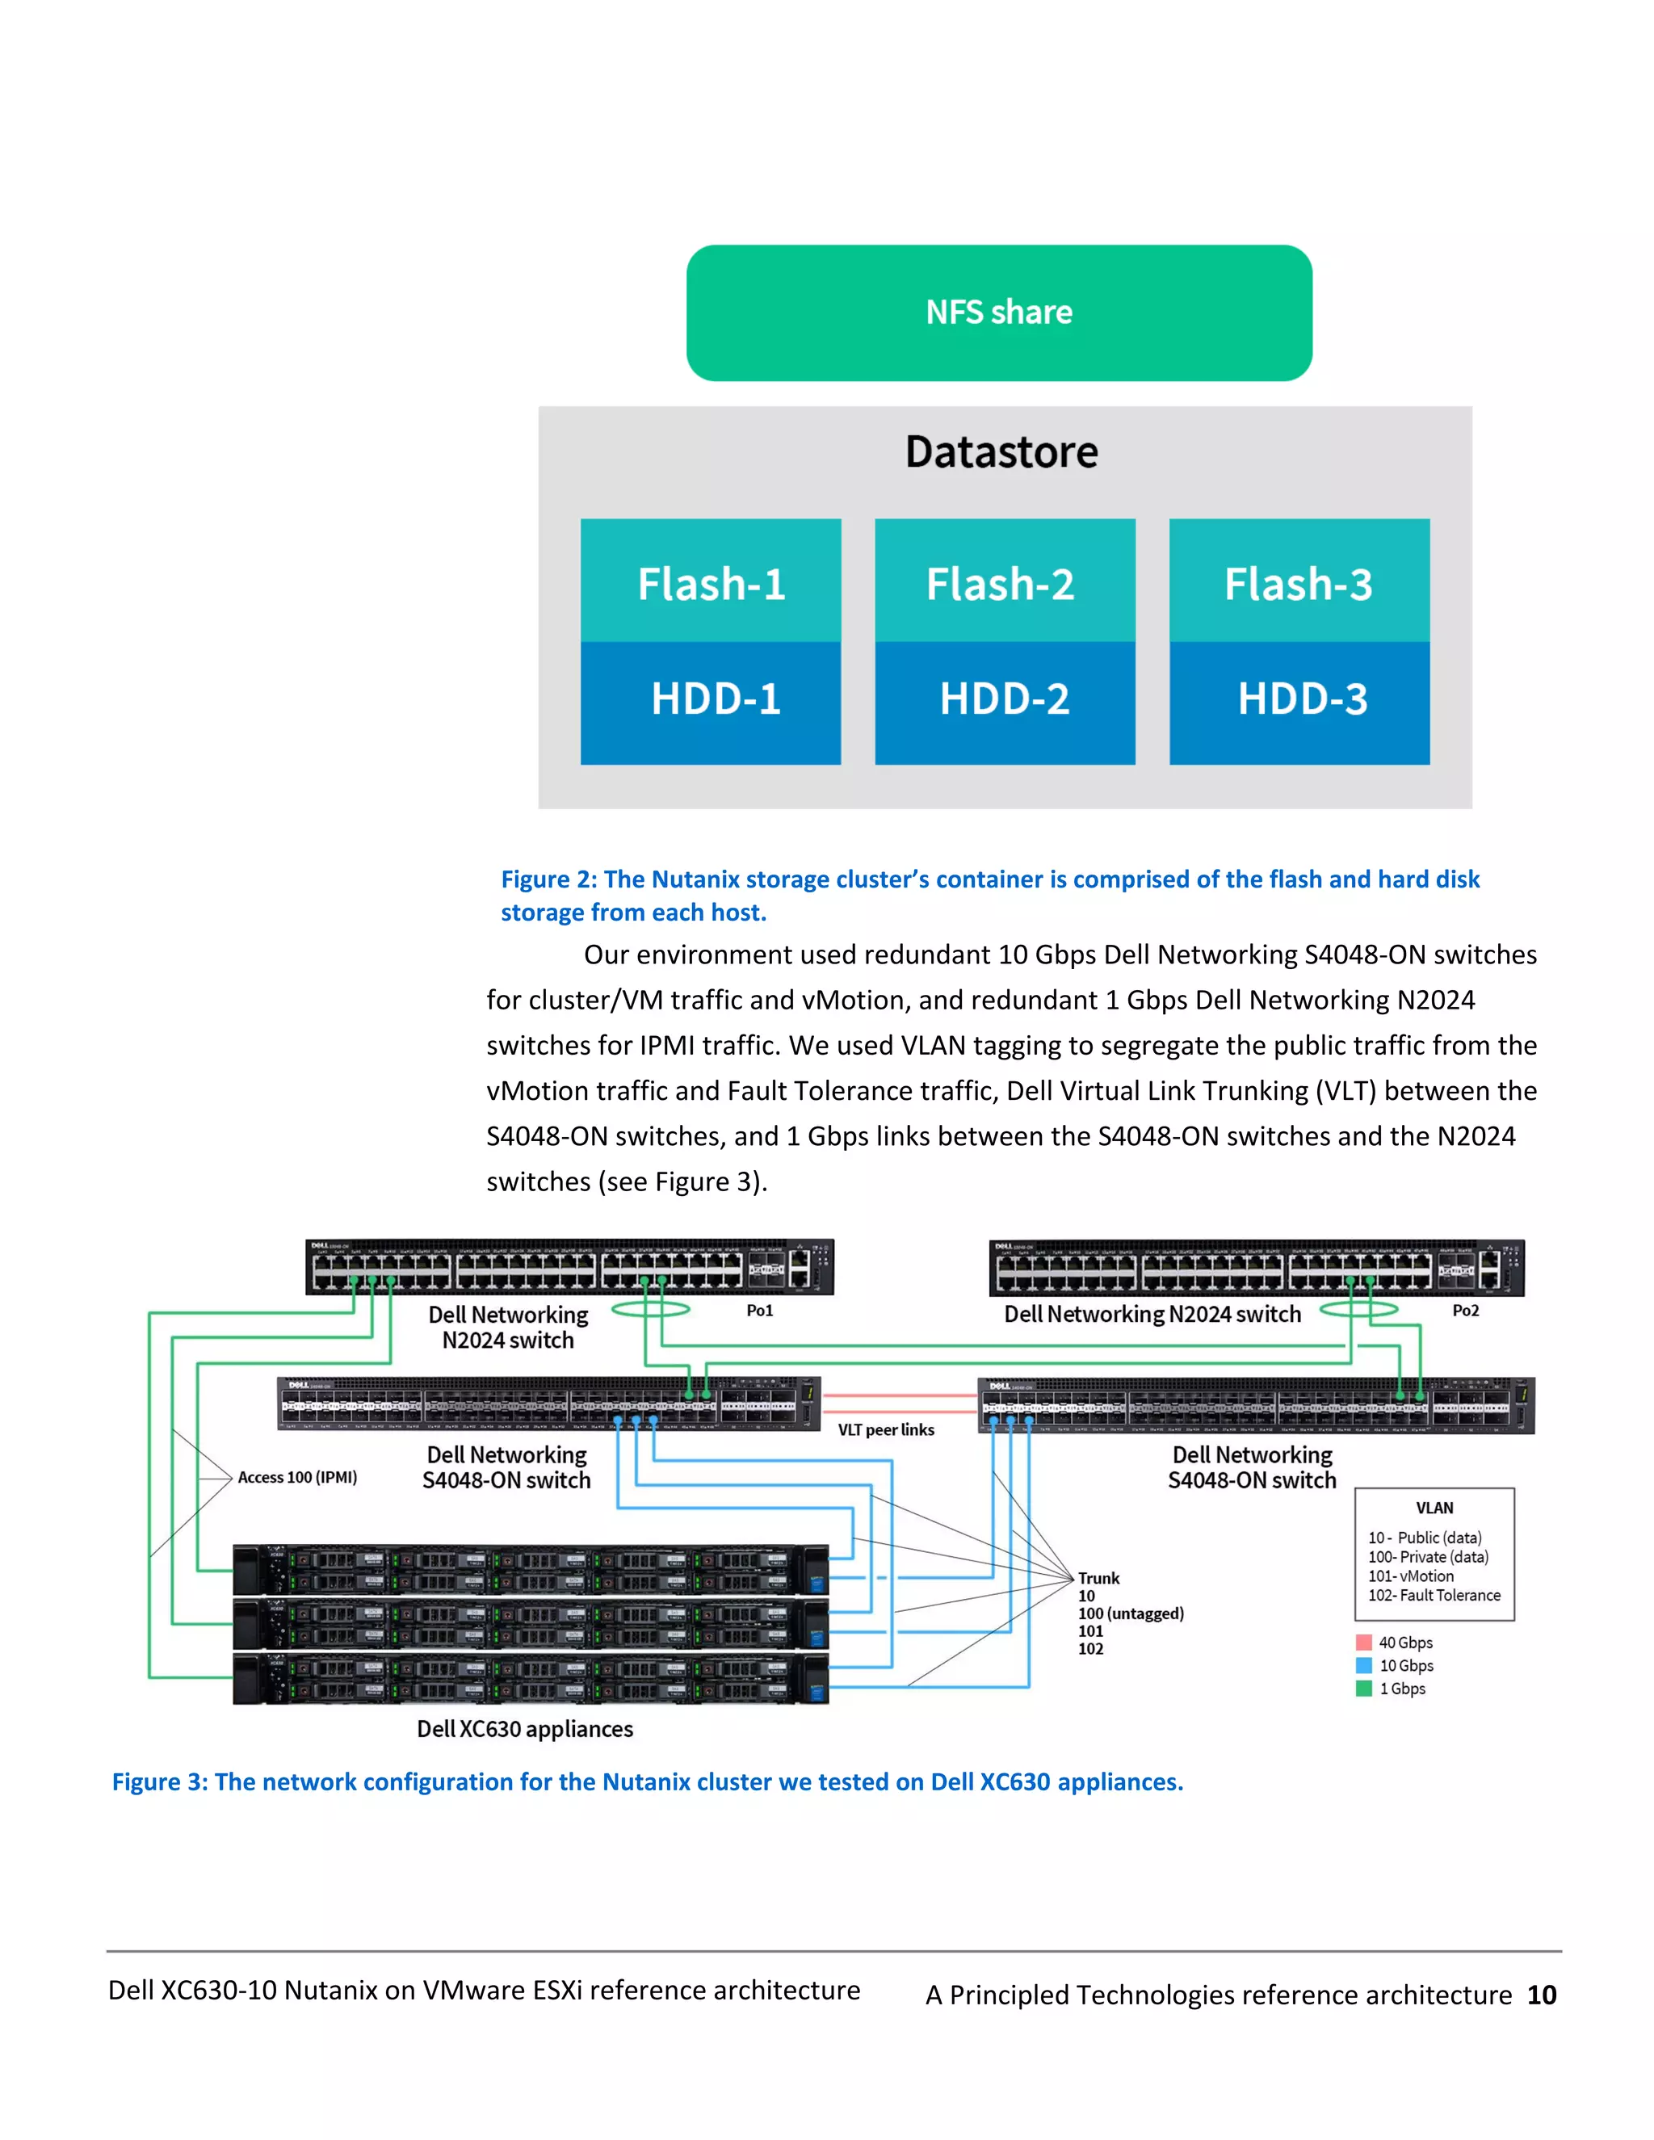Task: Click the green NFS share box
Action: point(998,313)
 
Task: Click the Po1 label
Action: point(759,1311)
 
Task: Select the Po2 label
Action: point(1465,1311)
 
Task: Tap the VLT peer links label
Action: point(886,1429)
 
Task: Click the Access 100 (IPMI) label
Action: point(297,1478)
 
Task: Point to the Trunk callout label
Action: point(1098,1579)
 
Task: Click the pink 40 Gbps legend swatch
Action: point(1364,1643)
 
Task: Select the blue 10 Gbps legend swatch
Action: point(1364,1665)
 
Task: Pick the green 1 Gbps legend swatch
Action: point(1364,1689)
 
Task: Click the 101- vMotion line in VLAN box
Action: point(1411,1576)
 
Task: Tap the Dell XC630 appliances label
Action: point(525,1728)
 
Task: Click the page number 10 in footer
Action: point(1541,1995)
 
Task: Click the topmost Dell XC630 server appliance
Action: point(530,1570)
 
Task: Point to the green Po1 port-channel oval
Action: point(651,1309)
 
